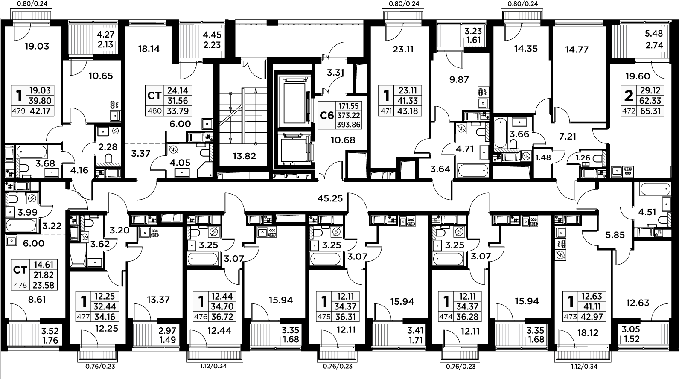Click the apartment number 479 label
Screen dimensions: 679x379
[x=18, y=111]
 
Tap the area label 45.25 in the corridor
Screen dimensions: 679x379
[x=330, y=198]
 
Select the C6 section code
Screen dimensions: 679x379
[x=327, y=115]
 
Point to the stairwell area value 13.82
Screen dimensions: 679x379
[x=244, y=156]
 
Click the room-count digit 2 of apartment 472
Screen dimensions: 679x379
[x=629, y=96]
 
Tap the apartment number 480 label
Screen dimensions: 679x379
[x=154, y=111]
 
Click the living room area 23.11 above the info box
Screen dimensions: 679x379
[x=403, y=49]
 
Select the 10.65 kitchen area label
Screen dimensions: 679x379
[x=101, y=76]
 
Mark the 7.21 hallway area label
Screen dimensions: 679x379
[x=568, y=137]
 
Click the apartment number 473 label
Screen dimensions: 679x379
[x=571, y=317]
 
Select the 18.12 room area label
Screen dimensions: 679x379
[x=588, y=333]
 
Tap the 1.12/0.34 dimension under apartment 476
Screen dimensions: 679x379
[x=213, y=366]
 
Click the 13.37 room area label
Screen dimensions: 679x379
[x=158, y=300]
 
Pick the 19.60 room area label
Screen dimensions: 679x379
[x=638, y=76]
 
